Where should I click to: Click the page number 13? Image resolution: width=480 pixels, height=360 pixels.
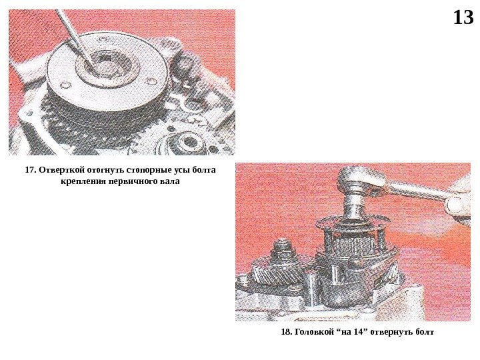pyautogui.click(x=463, y=17)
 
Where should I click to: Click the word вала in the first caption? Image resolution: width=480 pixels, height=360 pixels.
pyautogui.click(x=171, y=181)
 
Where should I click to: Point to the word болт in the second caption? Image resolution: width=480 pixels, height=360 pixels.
pyautogui.click(x=425, y=332)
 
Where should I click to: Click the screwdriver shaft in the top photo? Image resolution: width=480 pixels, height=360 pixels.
pyautogui.click(x=74, y=36)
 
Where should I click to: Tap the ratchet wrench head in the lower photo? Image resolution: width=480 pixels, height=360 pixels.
pyautogui.click(x=361, y=180)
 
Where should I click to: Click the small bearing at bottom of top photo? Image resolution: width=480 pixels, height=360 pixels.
pyautogui.click(x=187, y=143)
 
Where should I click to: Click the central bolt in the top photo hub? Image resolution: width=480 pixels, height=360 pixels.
pyautogui.click(x=108, y=66)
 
